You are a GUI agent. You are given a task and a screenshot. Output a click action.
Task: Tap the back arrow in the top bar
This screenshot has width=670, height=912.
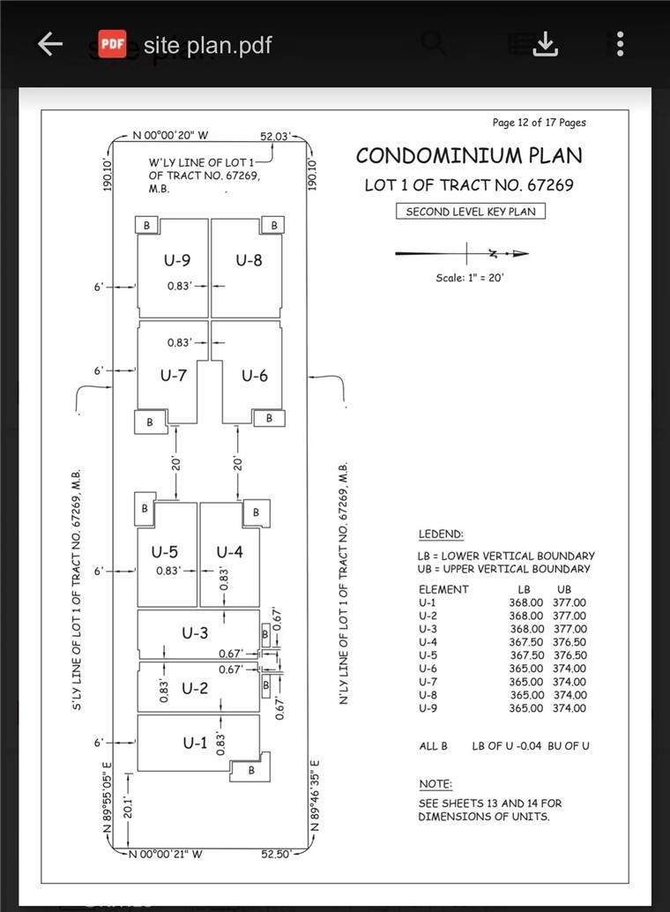click(x=49, y=44)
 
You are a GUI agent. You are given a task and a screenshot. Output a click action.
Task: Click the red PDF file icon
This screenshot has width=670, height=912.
click(x=111, y=44)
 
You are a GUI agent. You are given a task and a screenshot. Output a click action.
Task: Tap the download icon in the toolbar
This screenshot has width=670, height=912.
click(x=547, y=44)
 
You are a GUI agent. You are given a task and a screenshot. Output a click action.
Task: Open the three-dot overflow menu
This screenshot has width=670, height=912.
click(x=621, y=44)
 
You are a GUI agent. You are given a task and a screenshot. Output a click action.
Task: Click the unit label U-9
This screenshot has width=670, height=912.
click(x=177, y=260)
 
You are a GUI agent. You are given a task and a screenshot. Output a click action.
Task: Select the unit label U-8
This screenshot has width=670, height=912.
click(x=249, y=260)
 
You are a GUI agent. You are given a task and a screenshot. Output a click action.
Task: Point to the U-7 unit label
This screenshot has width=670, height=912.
click(x=174, y=376)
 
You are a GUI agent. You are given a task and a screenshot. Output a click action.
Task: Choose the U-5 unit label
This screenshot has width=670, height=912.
click(x=165, y=553)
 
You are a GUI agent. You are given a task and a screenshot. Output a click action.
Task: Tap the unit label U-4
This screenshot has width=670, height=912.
click(x=229, y=553)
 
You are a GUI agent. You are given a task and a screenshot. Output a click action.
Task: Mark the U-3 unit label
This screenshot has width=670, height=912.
click(x=195, y=633)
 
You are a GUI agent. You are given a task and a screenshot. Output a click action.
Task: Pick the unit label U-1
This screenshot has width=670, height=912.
click(x=195, y=744)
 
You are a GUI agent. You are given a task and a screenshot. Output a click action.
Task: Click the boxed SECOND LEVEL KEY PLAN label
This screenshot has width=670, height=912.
click(x=470, y=212)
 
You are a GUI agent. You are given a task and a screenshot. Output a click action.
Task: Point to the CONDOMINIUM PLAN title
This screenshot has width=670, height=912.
click(x=469, y=156)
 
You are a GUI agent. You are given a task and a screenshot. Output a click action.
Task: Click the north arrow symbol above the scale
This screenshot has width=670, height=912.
click(x=463, y=254)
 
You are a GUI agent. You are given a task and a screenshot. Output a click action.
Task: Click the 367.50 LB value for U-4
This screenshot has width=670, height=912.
click(x=526, y=642)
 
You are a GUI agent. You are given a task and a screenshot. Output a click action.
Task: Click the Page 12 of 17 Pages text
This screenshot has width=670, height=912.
click(x=539, y=123)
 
